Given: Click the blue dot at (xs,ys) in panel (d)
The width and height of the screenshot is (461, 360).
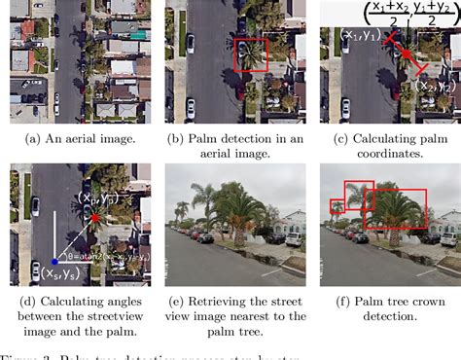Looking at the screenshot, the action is [56, 261].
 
